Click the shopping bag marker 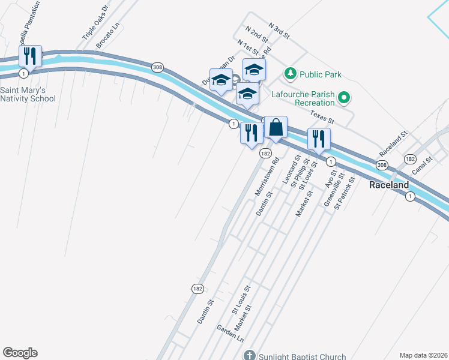point(276,128)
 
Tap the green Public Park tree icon point(291,74)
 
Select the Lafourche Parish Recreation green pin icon point(344,97)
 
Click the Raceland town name point(389,185)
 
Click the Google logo point(20,353)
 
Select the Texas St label point(322,116)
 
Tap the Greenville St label point(333,190)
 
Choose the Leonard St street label point(291,171)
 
